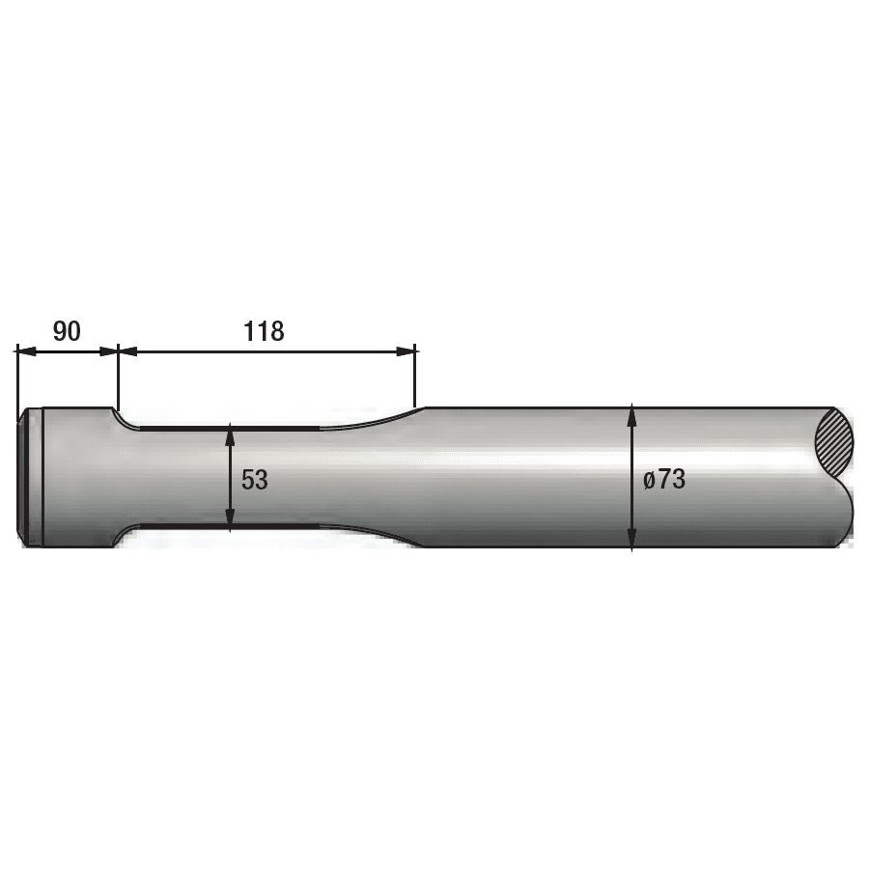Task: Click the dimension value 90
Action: tap(67, 331)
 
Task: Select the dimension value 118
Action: tap(264, 331)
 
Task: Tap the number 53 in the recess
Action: tap(255, 480)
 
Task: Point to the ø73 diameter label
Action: tap(664, 479)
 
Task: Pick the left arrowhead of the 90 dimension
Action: tap(25, 351)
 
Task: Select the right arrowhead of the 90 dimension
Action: tap(108, 351)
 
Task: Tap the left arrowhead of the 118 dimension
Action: tap(127, 351)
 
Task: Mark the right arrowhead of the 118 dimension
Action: tap(406, 351)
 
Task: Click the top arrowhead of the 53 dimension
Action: tap(230, 434)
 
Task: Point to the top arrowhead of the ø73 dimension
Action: tap(631, 416)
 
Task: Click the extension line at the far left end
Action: tap(17, 381)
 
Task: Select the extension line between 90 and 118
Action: tap(117, 377)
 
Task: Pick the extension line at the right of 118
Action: tap(415, 377)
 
